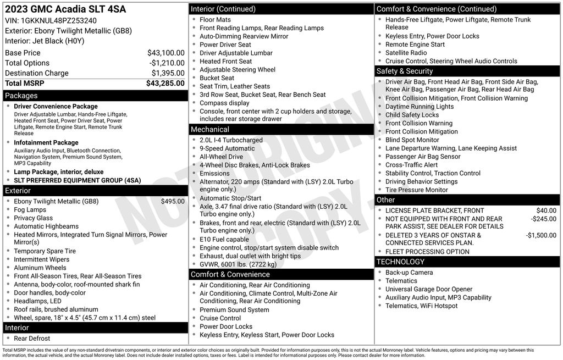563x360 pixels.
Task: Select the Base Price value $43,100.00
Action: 165,53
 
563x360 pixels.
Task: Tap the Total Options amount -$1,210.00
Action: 167,63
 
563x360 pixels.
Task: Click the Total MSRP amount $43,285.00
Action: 165,84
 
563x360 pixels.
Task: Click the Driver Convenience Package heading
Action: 56,107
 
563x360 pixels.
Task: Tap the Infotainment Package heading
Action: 46,143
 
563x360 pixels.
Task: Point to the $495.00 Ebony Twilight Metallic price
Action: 173,201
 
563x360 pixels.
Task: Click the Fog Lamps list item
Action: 30,210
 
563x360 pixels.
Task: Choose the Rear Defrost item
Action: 32,339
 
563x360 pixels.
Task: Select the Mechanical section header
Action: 209,129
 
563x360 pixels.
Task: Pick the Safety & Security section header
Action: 405,71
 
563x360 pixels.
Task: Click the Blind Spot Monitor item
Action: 412,140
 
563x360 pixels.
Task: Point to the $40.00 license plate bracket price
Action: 546,211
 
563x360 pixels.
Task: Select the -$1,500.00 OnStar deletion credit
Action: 540,235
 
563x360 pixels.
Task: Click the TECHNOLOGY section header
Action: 401,262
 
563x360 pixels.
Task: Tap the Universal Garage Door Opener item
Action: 429,289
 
